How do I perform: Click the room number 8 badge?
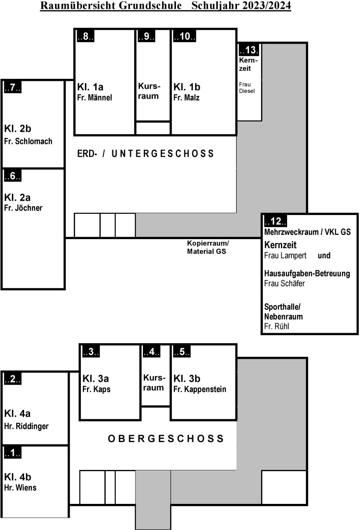86,36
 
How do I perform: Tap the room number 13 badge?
249,50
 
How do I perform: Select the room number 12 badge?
275,221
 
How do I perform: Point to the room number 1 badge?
13,453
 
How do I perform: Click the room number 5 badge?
181,351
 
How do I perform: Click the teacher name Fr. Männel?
94,97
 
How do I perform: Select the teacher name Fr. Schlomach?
28,141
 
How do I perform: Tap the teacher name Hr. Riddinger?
26,426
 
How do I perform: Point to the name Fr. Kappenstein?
200,389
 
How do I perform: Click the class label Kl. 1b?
186,87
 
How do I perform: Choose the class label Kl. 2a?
17,197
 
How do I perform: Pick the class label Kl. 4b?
17,477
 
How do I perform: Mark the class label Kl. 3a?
96,379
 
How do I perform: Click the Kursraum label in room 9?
149,91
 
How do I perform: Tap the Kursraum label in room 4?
154,382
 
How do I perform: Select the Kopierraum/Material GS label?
208,247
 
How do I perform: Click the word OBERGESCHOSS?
166,438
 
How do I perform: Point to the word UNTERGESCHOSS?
162,154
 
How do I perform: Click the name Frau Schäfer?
284,283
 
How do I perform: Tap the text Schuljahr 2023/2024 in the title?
241,5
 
